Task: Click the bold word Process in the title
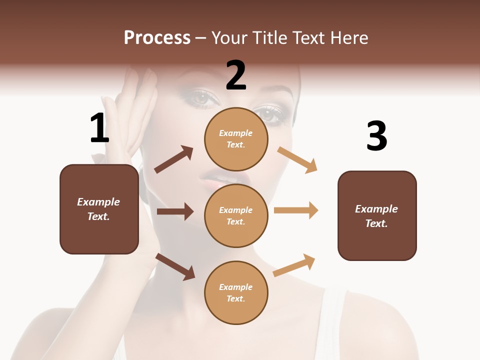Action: [x=157, y=38]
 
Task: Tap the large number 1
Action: [x=99, y=128]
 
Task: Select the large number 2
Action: [x=236, y=75]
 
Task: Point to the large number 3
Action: [x=376, y=136]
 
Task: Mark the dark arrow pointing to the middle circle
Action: [x=175, y=211]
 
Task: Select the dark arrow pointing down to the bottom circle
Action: [x=175, y=266]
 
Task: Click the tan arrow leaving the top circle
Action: [x=297, y=159]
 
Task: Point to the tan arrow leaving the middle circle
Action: [x=296, y=210]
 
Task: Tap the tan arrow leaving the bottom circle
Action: [x=294, y=265]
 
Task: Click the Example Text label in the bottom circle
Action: [x=236, y=293]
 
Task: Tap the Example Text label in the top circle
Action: [x=236, y=139]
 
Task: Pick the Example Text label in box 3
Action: [x=376, y=216]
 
